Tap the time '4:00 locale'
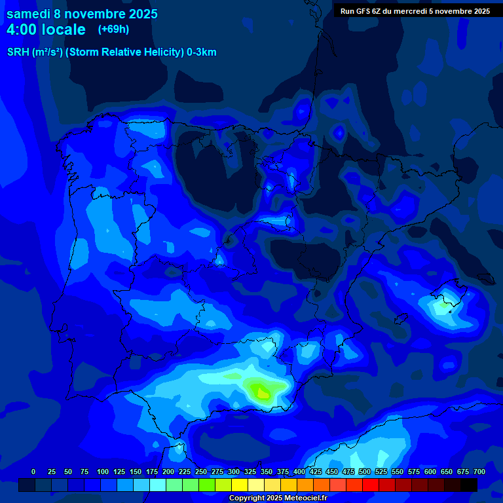46,29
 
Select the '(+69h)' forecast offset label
113,29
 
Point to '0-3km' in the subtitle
201,52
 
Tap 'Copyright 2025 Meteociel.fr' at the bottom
278,498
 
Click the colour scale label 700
479,472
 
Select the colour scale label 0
33,472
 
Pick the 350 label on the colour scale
267,472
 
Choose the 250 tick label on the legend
201,472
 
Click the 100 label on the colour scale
103,472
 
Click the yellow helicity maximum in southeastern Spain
263,393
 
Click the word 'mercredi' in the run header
410,11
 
